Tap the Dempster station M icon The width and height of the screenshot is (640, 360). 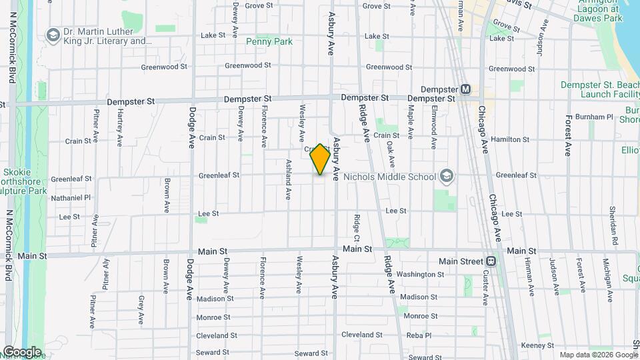465,90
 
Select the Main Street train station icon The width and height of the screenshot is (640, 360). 491,261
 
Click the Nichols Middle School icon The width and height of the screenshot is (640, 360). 446,177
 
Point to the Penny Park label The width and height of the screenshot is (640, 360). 269,41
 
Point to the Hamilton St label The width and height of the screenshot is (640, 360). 509,139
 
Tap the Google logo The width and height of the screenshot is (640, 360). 22,351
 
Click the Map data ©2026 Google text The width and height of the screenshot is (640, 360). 599,355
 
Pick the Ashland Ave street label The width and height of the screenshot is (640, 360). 289,179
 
